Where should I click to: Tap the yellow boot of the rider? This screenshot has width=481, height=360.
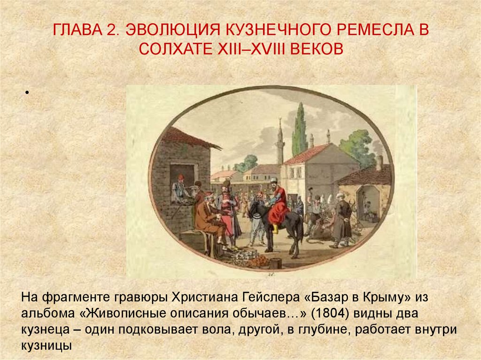click(274, 229)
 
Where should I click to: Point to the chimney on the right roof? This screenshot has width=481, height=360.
click(379, 162)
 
